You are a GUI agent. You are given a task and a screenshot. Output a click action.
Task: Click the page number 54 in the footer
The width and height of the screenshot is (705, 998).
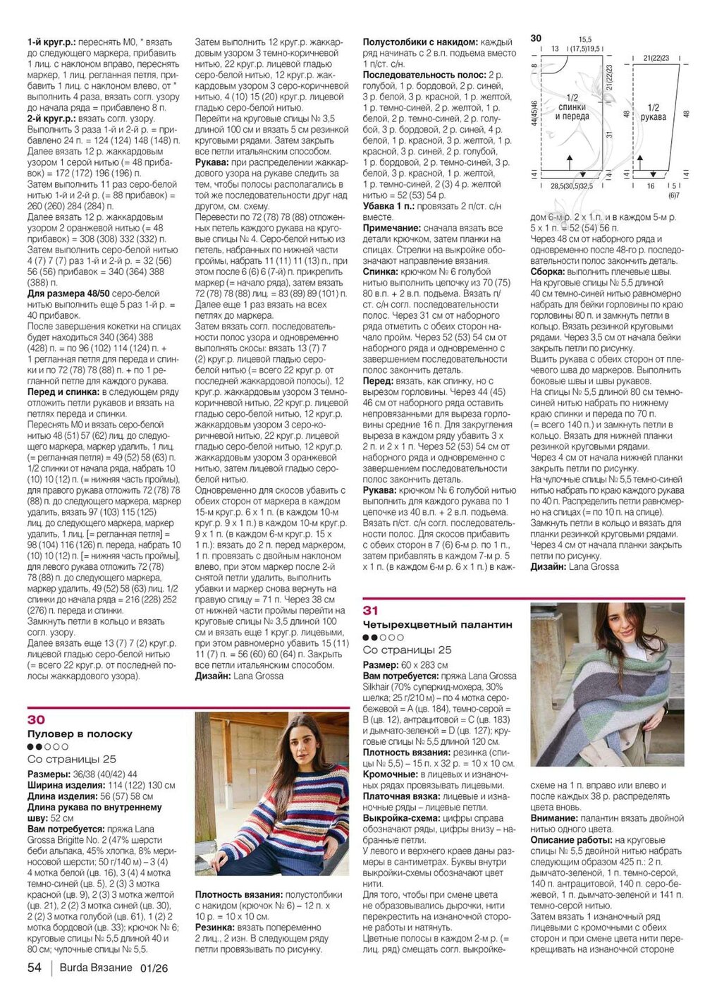tap(35, 967)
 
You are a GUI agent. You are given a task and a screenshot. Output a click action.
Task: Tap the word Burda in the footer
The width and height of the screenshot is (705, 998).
tap(74, 967)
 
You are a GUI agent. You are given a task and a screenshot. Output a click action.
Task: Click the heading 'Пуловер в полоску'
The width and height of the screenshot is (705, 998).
tap(80, 734)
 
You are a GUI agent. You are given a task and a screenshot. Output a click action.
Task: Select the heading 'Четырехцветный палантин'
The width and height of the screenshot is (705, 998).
tap(437, 624)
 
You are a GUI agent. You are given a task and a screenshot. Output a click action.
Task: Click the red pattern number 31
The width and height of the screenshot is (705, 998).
tap(371, 610)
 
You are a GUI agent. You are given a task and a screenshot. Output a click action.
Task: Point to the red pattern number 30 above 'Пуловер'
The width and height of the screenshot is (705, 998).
tap(36, 719)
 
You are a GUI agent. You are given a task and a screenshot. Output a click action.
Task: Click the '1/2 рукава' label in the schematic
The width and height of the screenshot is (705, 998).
tap(654, 113)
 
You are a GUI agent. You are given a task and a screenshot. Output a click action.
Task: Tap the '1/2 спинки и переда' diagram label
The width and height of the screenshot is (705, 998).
tap(572, 107)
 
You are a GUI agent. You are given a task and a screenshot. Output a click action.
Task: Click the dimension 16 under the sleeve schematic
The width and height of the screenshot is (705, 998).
tap(650, 186)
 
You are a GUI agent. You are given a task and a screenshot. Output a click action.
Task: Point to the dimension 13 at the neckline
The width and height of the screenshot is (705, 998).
tap(555, 49)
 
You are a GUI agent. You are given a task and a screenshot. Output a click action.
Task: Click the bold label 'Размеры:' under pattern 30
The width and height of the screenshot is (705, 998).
tap(47, 774)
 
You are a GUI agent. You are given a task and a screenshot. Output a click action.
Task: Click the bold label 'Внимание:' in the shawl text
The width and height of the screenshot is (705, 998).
tap(554, 818)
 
